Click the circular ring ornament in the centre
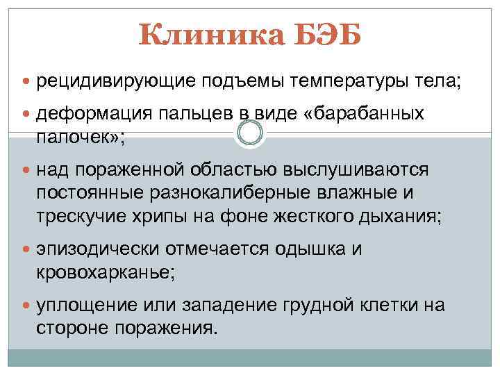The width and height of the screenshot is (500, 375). pyautogui.click(x=250, y=133)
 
